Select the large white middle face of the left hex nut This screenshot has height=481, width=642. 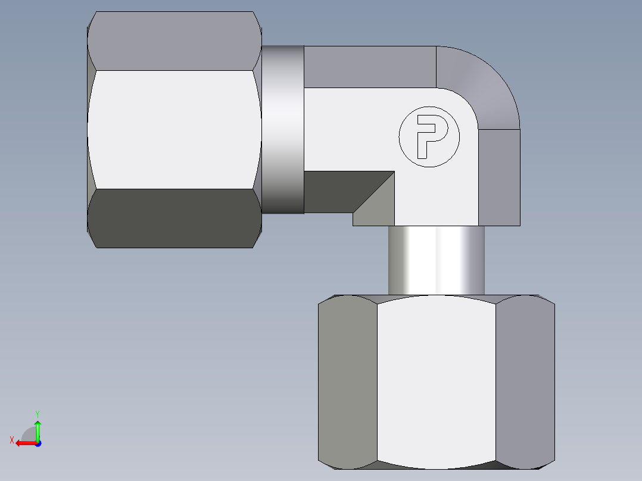(174, 129)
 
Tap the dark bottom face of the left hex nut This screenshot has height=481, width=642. (174, 218)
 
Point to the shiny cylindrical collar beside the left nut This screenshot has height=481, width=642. (283, 129)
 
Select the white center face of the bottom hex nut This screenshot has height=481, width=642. (436, 381)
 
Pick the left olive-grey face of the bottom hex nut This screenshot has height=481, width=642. (348, 381)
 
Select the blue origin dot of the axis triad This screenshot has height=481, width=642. (38, 443)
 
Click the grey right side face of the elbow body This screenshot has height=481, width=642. (499, 177)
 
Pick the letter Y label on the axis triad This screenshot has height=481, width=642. (37, 413)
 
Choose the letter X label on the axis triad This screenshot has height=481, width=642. (12, 440)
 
